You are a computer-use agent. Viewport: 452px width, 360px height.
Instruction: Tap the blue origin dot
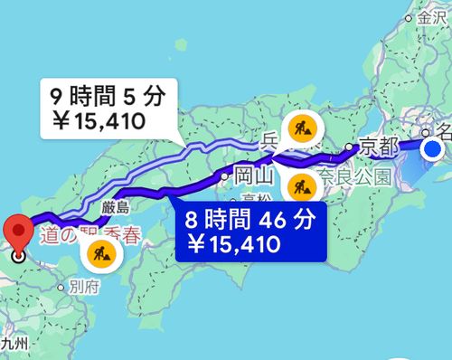coord(434,148)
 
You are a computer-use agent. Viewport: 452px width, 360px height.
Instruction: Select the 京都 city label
coord(377,145)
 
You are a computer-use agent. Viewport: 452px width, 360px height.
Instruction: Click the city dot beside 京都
coord(350,146)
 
